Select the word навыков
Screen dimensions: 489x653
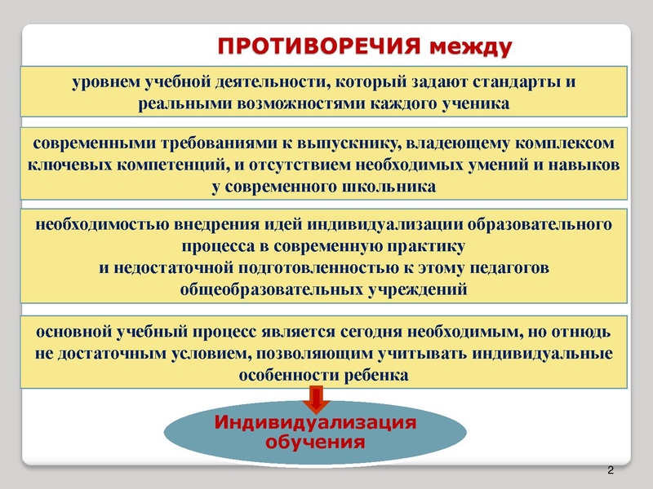pyautogui.click(x=581, y=165)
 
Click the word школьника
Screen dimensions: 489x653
pyautogui.click(x=391, y=186)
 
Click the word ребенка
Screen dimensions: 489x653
pyautogui.click(x=374, y=376)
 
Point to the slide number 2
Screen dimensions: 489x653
pyautogui.click(x=612, y=471)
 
